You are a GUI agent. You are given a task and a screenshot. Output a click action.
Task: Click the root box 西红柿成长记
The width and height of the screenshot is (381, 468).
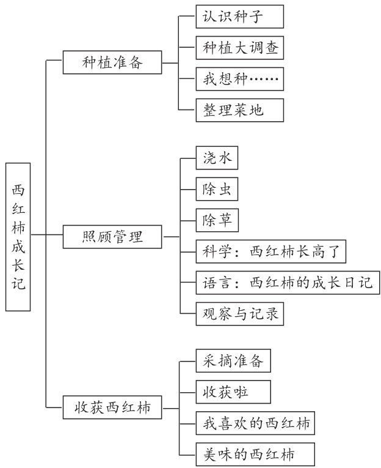[x=19, y=236]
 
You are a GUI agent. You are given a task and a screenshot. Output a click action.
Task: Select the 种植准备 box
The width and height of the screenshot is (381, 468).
[x=112, y=62]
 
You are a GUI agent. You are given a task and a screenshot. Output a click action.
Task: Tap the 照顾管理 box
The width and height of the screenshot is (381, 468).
[x=112, y=237]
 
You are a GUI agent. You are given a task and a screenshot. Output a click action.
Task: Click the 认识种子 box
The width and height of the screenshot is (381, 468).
[x=240, y=17]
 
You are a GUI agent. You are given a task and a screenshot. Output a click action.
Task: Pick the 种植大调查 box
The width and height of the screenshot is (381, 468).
[x=240, y=48]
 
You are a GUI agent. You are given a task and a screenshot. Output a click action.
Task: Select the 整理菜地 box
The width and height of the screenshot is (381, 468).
[x=240, y=111]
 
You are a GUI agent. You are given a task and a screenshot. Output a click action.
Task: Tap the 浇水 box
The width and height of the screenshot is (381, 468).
[x=217, y=158]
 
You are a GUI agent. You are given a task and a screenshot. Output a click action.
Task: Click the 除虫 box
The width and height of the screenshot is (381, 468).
[x=217, y=190]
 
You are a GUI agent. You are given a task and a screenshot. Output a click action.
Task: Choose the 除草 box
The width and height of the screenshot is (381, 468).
[x=217, y=221]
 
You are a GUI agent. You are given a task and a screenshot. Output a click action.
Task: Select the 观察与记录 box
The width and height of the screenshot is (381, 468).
[x=240, y=314]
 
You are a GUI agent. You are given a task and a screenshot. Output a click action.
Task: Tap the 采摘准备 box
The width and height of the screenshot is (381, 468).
[x=233, y=361]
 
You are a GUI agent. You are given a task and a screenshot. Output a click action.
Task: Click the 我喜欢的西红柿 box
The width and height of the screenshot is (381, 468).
[x=256, y=423]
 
